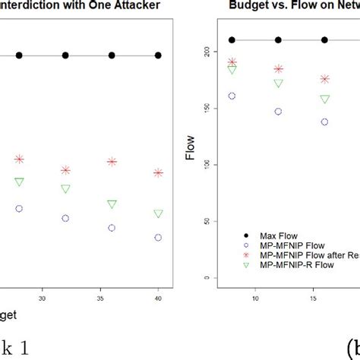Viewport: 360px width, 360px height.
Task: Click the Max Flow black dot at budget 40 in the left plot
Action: (158, 55)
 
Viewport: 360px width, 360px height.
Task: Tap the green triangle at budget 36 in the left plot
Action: (112, 204)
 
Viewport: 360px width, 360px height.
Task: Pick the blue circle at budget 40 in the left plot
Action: (158, 238)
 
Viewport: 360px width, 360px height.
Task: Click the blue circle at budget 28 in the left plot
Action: (20, 208)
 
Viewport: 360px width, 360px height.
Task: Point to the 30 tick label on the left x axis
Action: (43, 298)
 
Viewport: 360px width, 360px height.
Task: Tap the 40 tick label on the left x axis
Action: (158, 298)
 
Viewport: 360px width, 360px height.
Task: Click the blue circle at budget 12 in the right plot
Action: (278, 112)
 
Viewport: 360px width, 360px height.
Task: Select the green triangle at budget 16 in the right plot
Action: (324, 99)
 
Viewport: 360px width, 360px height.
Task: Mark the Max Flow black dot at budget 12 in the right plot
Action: (278, 40)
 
